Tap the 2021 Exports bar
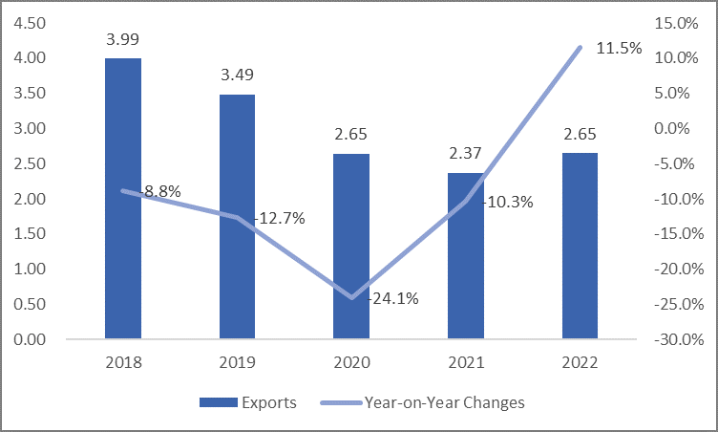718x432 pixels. pyautogui.click(x=466, y=256)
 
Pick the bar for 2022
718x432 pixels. pyautogui.click(x=580, y=246)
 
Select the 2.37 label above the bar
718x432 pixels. pyautogui.click(x=466, y=153)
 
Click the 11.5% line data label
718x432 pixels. pyautogui.click(x=619, y=48)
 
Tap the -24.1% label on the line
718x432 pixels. pyautogui.click(x=391, y=297)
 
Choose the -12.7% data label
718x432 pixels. pyautogui.click(x=279, y=218)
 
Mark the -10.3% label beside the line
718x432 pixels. pyautogui.click(x=507, y=202)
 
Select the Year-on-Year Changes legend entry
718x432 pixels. pyautogui.click(x=444, y=402)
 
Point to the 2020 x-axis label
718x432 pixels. pyautogui.click(x=351, y=363)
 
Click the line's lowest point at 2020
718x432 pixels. pyautogui.click(x=351, y=297)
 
